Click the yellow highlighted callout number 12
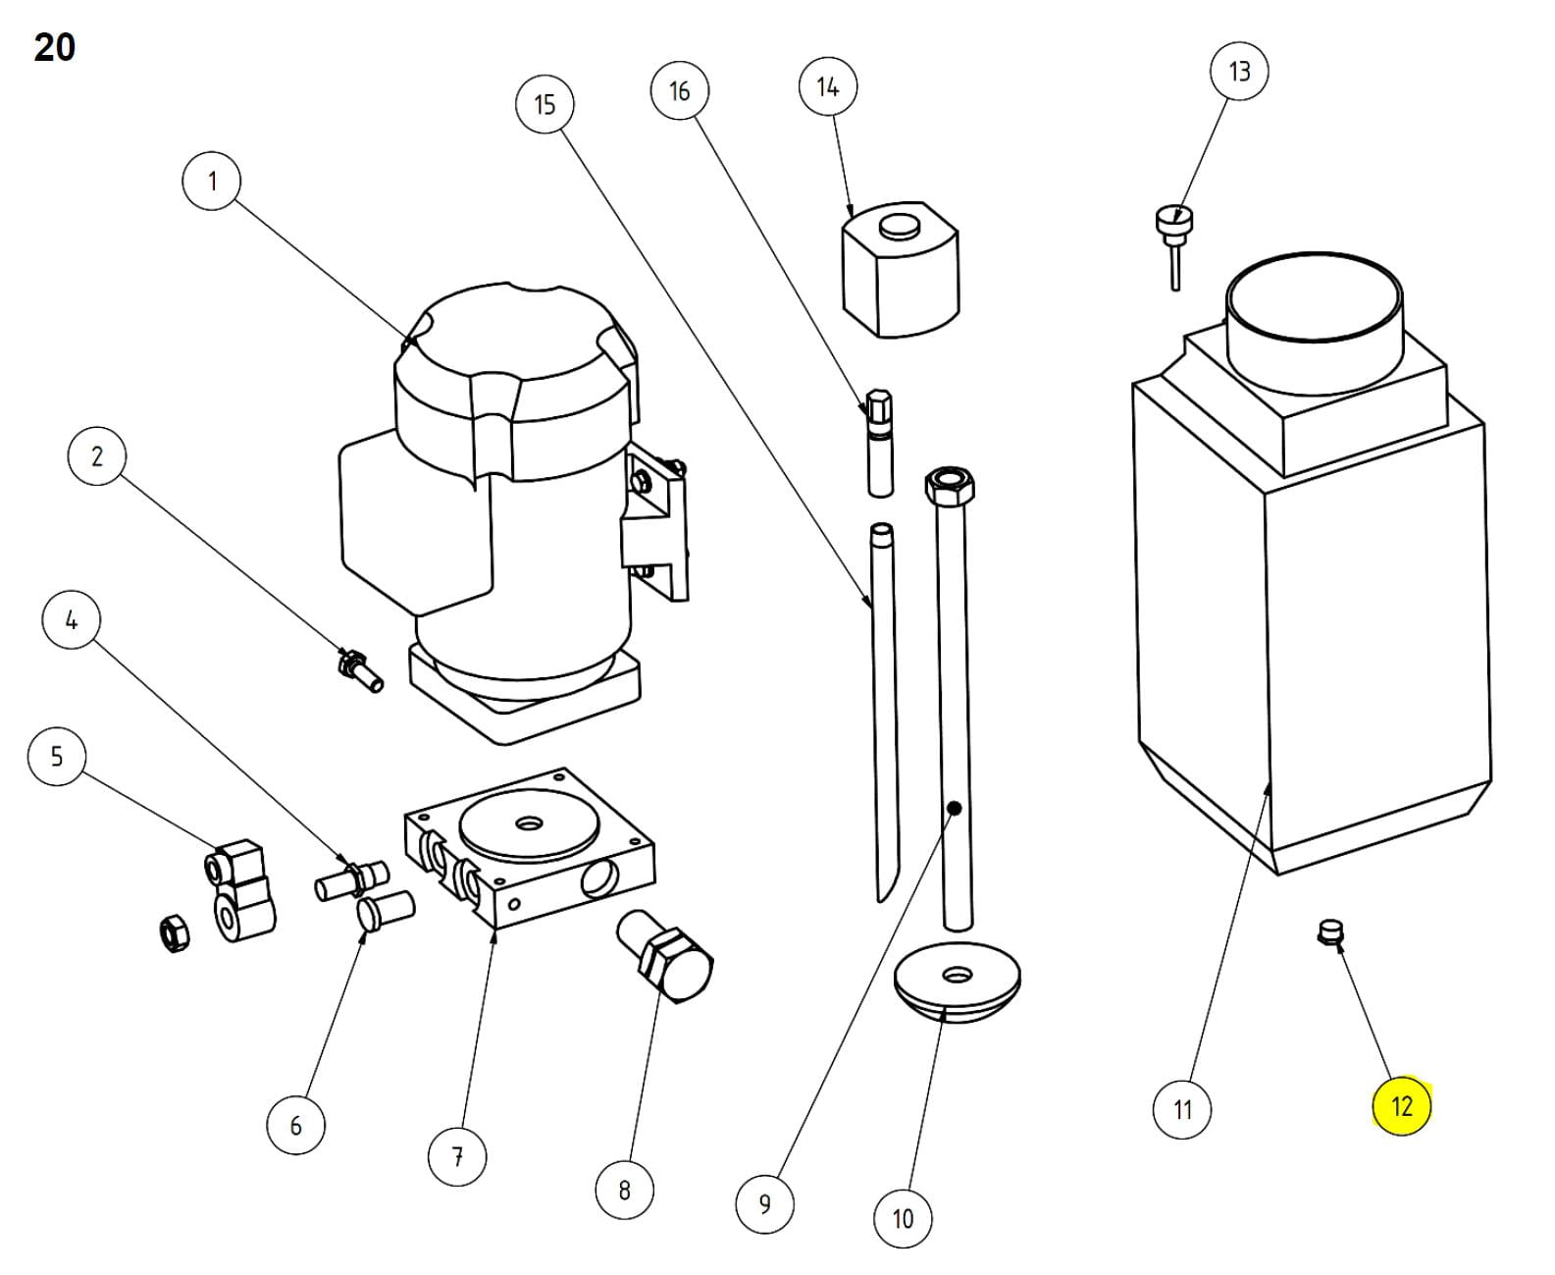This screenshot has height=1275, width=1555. point(1401,1106)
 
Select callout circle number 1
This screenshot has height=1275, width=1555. point(212,181)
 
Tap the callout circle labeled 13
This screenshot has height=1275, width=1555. point(1239,71)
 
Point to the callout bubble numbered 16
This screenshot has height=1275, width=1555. point(679,91)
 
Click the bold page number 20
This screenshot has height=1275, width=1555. point(55,47)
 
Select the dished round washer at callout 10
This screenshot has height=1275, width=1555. point(957,983)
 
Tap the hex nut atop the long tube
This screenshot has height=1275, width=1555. point(948,483)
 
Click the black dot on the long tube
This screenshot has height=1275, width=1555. point(953,809)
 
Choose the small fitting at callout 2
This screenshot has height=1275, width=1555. point(359,669)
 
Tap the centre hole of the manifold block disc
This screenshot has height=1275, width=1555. point(530,822)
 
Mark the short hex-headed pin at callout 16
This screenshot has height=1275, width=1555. point(880,442)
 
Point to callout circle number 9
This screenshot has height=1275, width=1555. point(764,1203)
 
